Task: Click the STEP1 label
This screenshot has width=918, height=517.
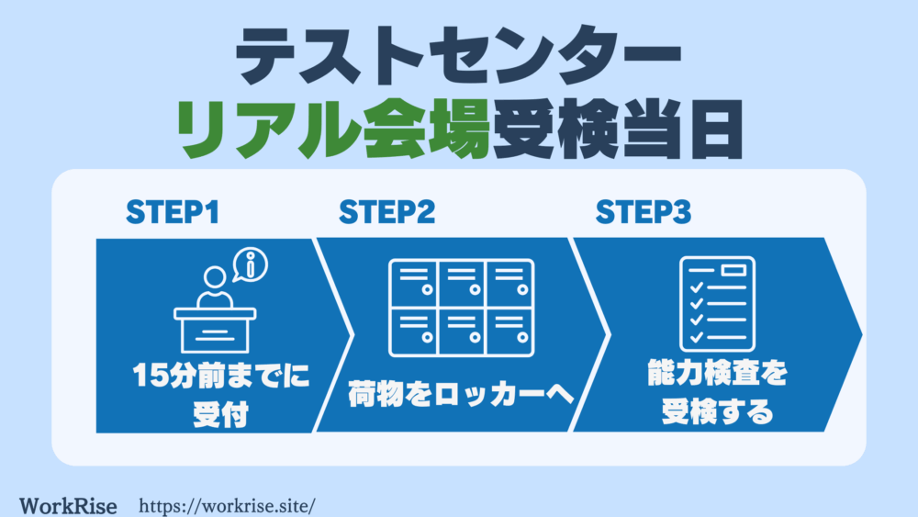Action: pyautogui.click(x=173, y=212)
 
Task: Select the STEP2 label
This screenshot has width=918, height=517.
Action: pyautogui.click(x=387, y=212)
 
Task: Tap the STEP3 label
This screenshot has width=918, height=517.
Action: pyautogui.click(x=644, y=212)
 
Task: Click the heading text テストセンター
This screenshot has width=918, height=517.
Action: pyautogui.click(x=458, y=56)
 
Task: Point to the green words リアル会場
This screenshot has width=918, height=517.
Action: pyautogui.click(x=333, y=129)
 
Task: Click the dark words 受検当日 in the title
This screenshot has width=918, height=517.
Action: pyautogui.click(x=618, y=129)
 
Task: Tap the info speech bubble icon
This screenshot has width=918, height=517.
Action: pyautogui.click(x=250, y=265)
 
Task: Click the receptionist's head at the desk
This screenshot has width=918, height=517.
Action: pyautogui.click(x=215, y=277)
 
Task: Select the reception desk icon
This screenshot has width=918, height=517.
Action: pyautogui.click(x=215, y=330)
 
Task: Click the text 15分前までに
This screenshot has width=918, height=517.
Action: pyautogui.click(x=220, y=376)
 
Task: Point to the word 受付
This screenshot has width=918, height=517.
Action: pyautogui.click(x=220, y=414)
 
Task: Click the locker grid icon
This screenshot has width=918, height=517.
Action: pyautogui.click(x=462, y=308)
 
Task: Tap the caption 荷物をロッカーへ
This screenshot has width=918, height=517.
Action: pyautogui.click(x=461, y=394)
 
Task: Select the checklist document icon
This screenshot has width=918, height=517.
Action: pyautogui.click(x=717, y=304)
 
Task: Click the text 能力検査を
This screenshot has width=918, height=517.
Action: pyautogui.click(x=717, y=373)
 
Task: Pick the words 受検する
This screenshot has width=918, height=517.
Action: pyautogui.click(x=717, y=411)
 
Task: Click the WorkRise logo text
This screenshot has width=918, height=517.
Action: pyautogui.click(x=68, y=506)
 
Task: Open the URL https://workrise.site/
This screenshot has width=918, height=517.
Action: pyautogui.click(x=227, y=506)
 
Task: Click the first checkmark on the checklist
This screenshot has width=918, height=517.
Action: pyautogui.click(x=697, y=287)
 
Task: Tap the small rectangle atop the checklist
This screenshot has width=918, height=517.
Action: pyautogui.click(x=733, y=270)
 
